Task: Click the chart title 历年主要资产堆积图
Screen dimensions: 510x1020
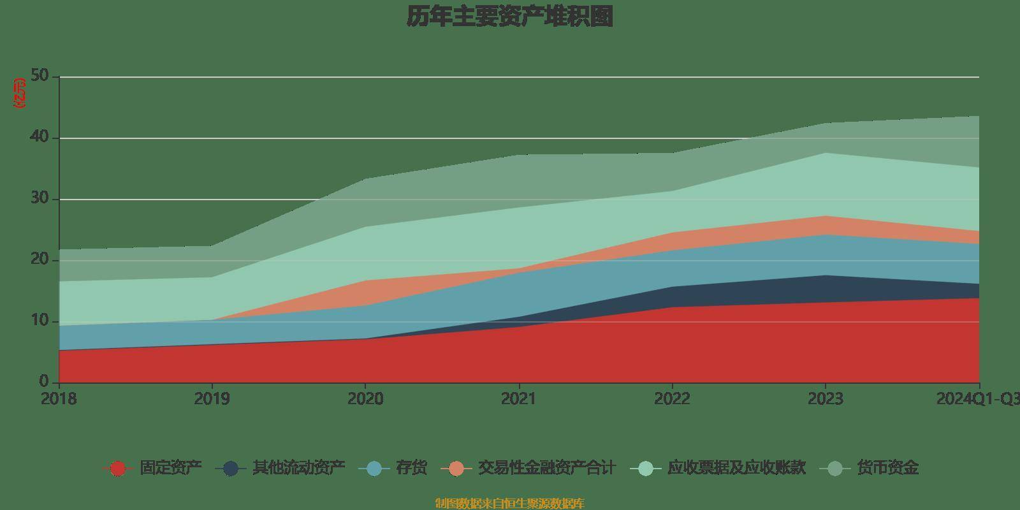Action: coord(509,17)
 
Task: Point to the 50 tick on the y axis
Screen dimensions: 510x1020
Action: coord(40,76)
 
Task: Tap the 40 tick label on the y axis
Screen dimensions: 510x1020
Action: coord(40,138)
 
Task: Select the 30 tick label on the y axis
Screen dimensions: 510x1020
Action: coord(40,199)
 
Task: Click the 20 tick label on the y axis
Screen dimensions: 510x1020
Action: coord(40,260)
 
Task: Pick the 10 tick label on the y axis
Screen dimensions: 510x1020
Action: coord(40,321)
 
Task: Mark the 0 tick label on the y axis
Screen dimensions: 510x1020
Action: coord(44,382)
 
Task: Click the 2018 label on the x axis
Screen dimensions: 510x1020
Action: coord(59,399)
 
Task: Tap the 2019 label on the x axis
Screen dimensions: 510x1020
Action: coord(212,399)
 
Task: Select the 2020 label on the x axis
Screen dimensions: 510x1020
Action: coord(365,399)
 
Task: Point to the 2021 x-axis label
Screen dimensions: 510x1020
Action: coord(519,399)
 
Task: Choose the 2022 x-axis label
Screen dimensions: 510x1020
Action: coord(672,399)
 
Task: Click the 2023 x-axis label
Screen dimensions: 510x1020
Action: coord(826,399)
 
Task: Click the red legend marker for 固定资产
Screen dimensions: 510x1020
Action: coord(117,469)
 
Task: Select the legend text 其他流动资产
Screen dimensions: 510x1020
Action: coord(299,469)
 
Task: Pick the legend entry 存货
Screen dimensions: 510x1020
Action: coord(411,469)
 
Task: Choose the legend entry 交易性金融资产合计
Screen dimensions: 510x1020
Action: coord(546,469)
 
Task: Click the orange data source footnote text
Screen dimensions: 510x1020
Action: coord(509,504)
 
